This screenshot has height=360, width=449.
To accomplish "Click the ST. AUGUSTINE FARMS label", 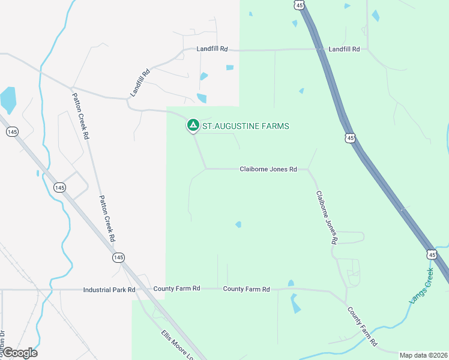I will pyautogui.click(x=246, y=126).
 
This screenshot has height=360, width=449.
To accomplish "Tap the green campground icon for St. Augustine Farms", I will pyautogui.click(x=193, y=125).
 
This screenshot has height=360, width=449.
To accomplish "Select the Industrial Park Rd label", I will pyautogui.click(x=109, y=289).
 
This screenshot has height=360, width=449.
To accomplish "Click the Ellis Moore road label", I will pyautogui.click(x=177, y=344).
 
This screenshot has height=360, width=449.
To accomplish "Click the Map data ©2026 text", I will pyautogui.click(x=423, y=355).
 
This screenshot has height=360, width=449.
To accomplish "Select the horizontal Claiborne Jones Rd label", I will pyautogui.click(x=268, y=169).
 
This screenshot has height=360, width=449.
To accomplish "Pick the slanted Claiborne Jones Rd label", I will pyautogui.click(x=326, y=217).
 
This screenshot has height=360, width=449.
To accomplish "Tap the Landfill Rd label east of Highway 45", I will pyautogui.click(x=344, y=49).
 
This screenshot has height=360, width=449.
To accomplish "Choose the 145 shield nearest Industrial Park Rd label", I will pyautogui.click(x=118, y=257).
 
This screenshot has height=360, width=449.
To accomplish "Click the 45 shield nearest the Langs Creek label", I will pyautogui.click(x=433, y=254).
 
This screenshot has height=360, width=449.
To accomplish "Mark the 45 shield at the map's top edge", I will pyautogui.click(x=299, y=4).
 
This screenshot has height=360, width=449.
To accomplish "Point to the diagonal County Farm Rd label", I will pyautogui.click(x=363, y=326).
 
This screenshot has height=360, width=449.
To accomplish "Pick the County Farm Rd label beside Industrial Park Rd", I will pyautogui.click(x=176, y=289).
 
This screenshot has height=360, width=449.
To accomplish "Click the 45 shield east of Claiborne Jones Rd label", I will pyautogui.click(x=350, y=138).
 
